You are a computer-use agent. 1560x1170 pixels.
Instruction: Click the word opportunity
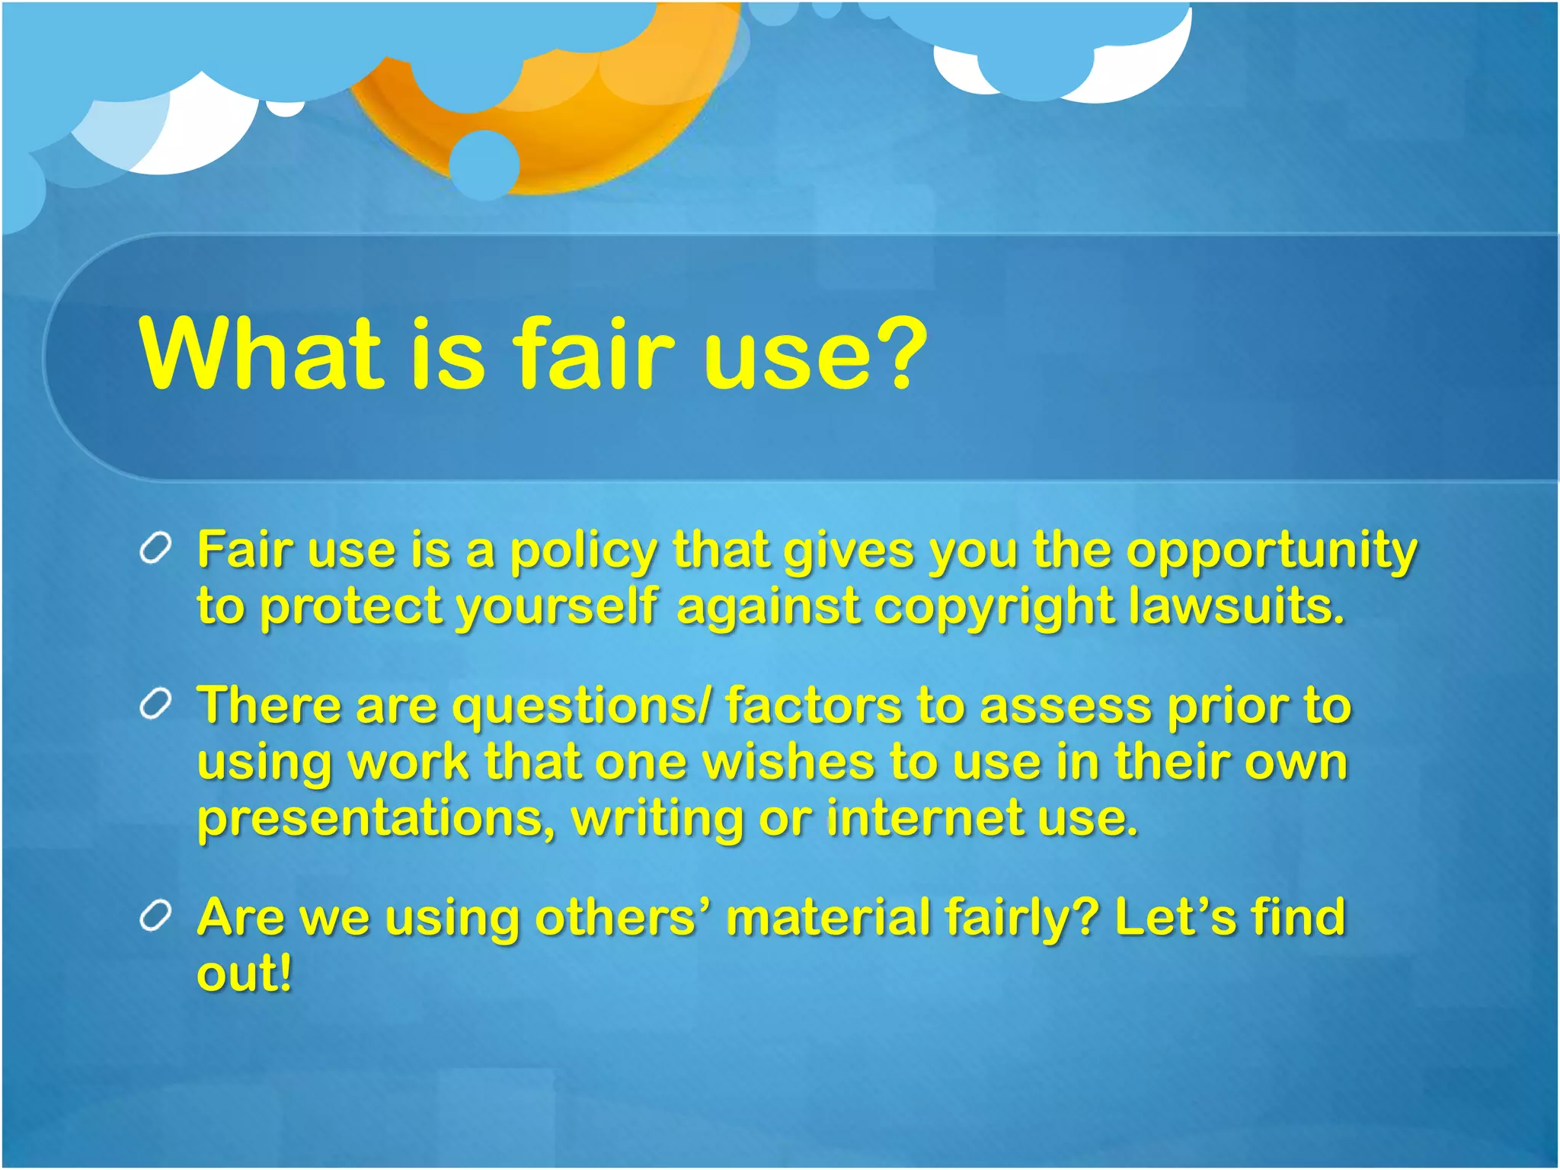pyautogui.click(x=1271, y=551)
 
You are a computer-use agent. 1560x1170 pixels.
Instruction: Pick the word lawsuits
pyautogui.click(x=1236, y=606)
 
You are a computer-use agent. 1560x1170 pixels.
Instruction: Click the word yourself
pyautogui.click(x=556, y=608)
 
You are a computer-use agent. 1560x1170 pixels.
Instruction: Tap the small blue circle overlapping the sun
pyautogui.click(x=484, y=165)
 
